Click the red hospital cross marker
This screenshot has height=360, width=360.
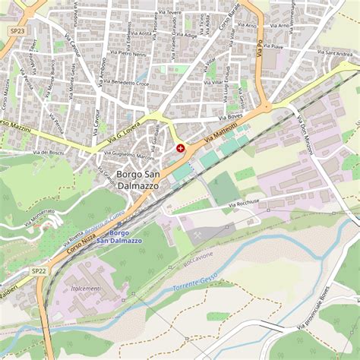coord(180,149)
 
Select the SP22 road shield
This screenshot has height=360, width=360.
coord(39,270)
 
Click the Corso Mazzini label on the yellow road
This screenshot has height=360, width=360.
coord(17,125)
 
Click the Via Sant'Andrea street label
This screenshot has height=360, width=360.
coord(334,54)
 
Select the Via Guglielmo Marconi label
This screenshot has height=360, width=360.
coord(128,155)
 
